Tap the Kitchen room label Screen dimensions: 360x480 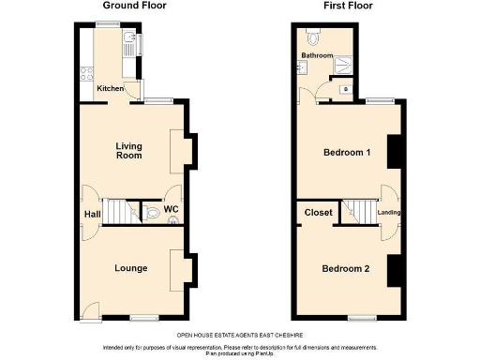[x=110, y=89]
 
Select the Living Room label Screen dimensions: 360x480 [x=128, y=150]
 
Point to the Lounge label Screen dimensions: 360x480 [x=130, y=268]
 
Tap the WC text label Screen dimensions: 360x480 [x=172, y=210]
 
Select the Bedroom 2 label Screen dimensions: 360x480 [x=346, y=269]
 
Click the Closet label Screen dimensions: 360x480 [x=319, y=213]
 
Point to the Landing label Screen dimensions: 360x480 [x=389, y=213]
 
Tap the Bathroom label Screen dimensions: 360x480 [x=317, y=56]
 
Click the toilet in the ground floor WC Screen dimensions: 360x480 [x=153, y=213]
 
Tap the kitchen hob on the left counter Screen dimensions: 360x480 [x=86, y=71]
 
